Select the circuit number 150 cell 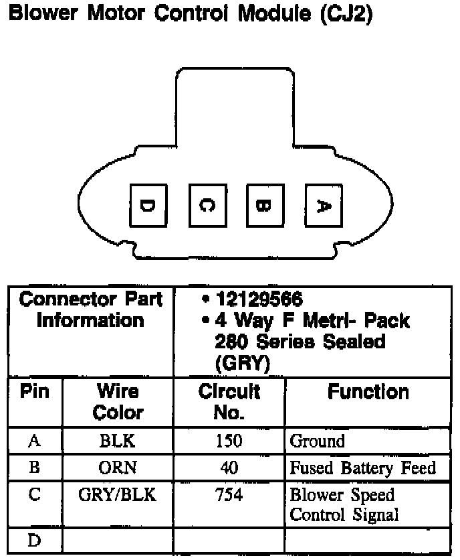coord(229,441)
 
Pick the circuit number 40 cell coord(229,468)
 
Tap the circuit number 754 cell coord(229,495)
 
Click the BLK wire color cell coord(117,441)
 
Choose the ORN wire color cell coord(117,468)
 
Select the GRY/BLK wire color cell coord(117,495)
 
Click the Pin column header coord(35,392)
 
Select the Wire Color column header coord(118,401)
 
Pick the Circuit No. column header coord(229,401)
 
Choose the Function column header coord(368,392)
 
